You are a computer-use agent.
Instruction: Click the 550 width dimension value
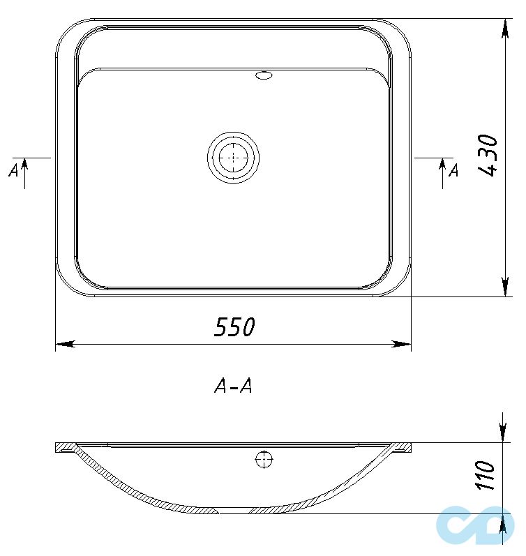pyautogui.click(x=234, y=326)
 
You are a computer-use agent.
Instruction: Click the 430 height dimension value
pyautogui.click(x=489, y=155)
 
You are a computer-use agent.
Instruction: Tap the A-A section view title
pyautogui.click(x=233, y=386)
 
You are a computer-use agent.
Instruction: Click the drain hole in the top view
pyautogui.click(x=233, y=158)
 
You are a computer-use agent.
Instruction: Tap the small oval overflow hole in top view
pyautogui.click(x=265, y=75)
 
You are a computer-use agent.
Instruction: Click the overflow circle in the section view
pyautogui.click(x=264, y=459)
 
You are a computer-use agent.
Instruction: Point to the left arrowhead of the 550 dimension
pyautogui.click(x=64, y=343)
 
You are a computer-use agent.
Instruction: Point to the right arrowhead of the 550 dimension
pyautogui.click(x=403, y=343)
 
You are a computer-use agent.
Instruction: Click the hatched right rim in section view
pyautogui.click(x=401, y=448)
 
